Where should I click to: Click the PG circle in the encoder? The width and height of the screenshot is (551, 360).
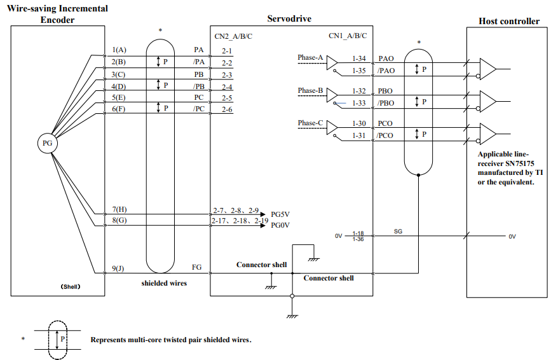point(48,143)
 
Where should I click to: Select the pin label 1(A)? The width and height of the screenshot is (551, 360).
point(119,50)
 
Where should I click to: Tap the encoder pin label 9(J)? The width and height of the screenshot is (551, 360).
point(118,268)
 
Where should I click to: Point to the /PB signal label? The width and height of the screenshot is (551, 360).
point(198,87)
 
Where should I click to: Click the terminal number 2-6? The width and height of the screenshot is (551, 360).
point(227,109)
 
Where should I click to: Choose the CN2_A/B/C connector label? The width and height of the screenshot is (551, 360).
point(233,36)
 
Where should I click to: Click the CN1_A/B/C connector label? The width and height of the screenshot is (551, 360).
point(348,36)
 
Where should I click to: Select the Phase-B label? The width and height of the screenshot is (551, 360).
point(310,91)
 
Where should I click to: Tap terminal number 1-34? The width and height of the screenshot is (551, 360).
point(359,59)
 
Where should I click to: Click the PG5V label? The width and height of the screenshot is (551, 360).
point(280,214)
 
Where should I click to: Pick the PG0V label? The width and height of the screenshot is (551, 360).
point(280,225)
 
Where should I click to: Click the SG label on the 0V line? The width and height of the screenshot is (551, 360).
point(398,232)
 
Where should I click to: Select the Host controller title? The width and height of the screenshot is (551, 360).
point(509,22)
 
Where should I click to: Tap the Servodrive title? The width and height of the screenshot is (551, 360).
point(289,18)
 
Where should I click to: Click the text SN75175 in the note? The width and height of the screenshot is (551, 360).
point(520,163)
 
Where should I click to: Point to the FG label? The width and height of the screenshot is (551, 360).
point(197,267)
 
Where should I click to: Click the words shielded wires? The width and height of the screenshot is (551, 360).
point(164,284)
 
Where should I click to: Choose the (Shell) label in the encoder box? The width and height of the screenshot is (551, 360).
point(71,287)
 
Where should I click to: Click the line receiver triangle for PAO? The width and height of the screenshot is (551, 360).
point(487,69)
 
